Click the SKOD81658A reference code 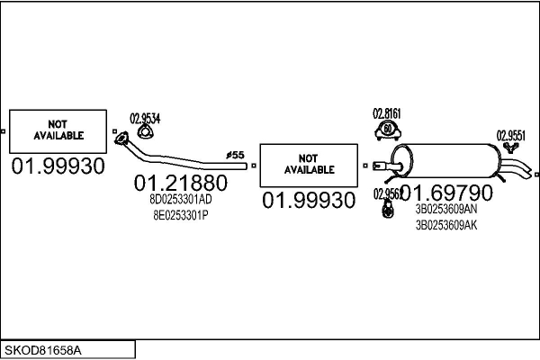tap(43, 349)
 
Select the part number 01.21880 tap(180, 183)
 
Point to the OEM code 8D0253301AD tap(181, 200)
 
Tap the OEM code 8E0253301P tap(180, 215)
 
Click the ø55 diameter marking tap(235, 156)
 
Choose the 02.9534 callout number tap(146, 117)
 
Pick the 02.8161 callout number tap(386, 114)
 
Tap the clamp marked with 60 tap(386, 132)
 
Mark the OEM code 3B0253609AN tap(446, 209)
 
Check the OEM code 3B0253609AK tap(446, 225)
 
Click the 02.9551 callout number tap(510, 136)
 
